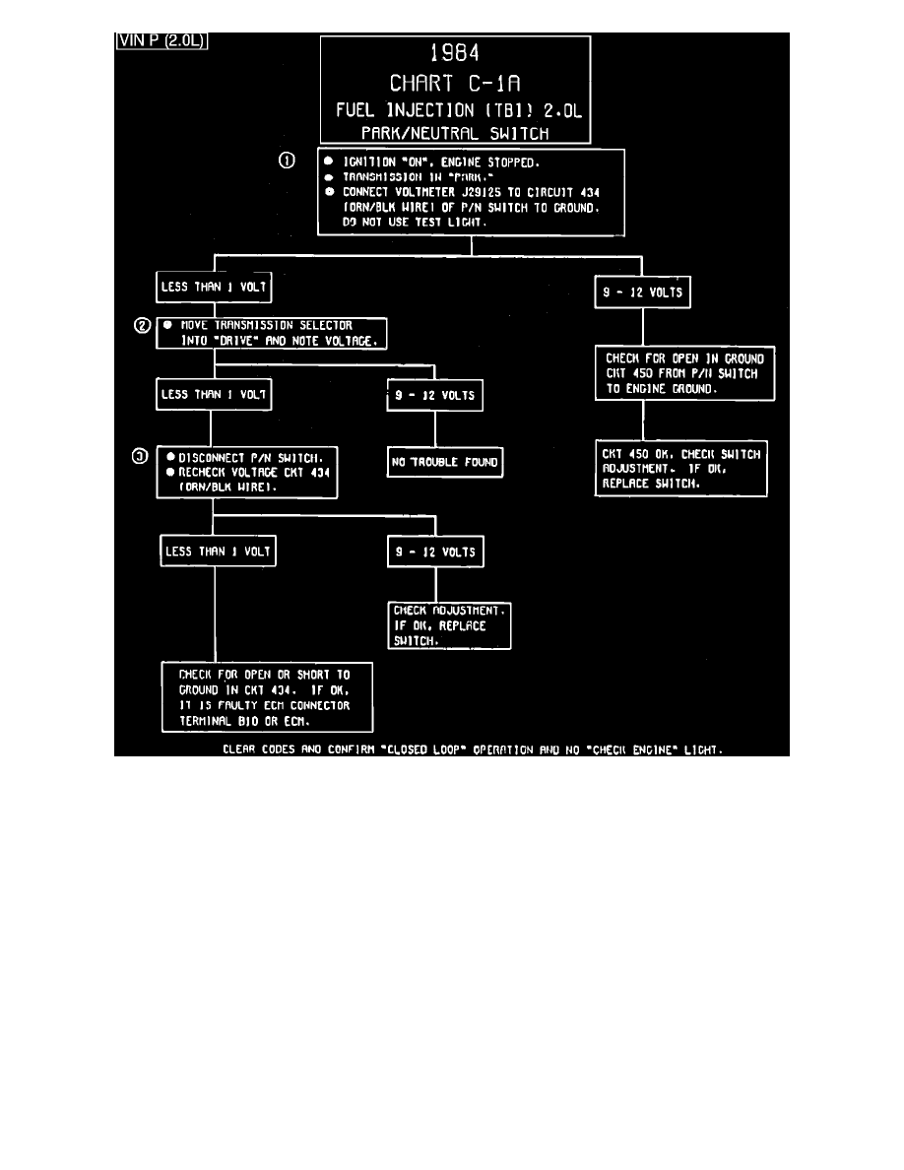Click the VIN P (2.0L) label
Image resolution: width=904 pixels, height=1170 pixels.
click(161, 40)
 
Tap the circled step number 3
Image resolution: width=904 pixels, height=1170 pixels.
click(143, 456)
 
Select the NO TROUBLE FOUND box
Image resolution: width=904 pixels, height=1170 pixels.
click(445, 462)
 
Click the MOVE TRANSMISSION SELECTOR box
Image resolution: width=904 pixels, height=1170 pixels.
click(271, 333)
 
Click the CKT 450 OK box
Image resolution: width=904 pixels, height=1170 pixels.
click(682, 469)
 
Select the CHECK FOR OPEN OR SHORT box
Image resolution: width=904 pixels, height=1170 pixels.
click(267, 697)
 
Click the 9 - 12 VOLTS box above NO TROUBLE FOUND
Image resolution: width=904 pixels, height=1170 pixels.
click(435, 397)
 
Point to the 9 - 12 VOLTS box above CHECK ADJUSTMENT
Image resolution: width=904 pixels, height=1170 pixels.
click(435, 552)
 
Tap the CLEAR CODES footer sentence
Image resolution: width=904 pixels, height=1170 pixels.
click(473, 749)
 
